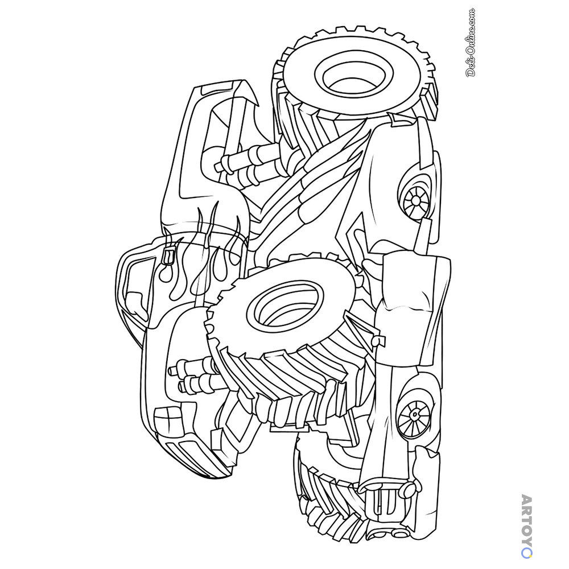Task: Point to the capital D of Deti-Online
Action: click(471, 72)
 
